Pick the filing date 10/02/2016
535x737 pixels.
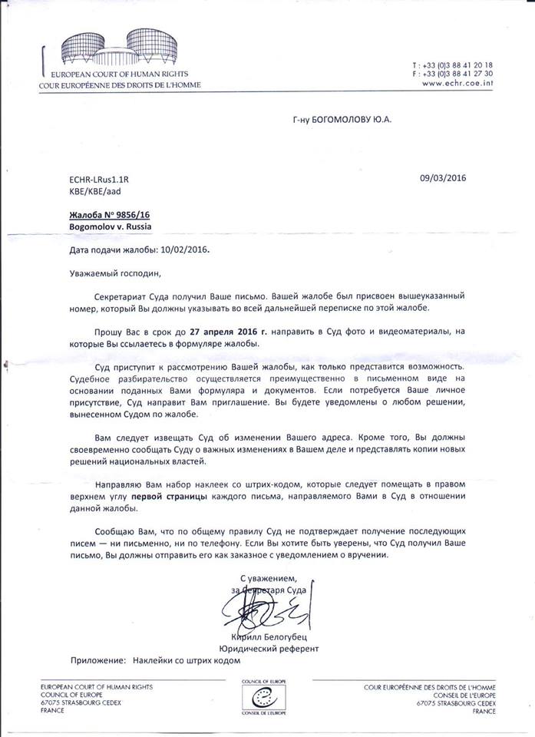pos(180,251)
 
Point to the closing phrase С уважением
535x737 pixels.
pos(273,578)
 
